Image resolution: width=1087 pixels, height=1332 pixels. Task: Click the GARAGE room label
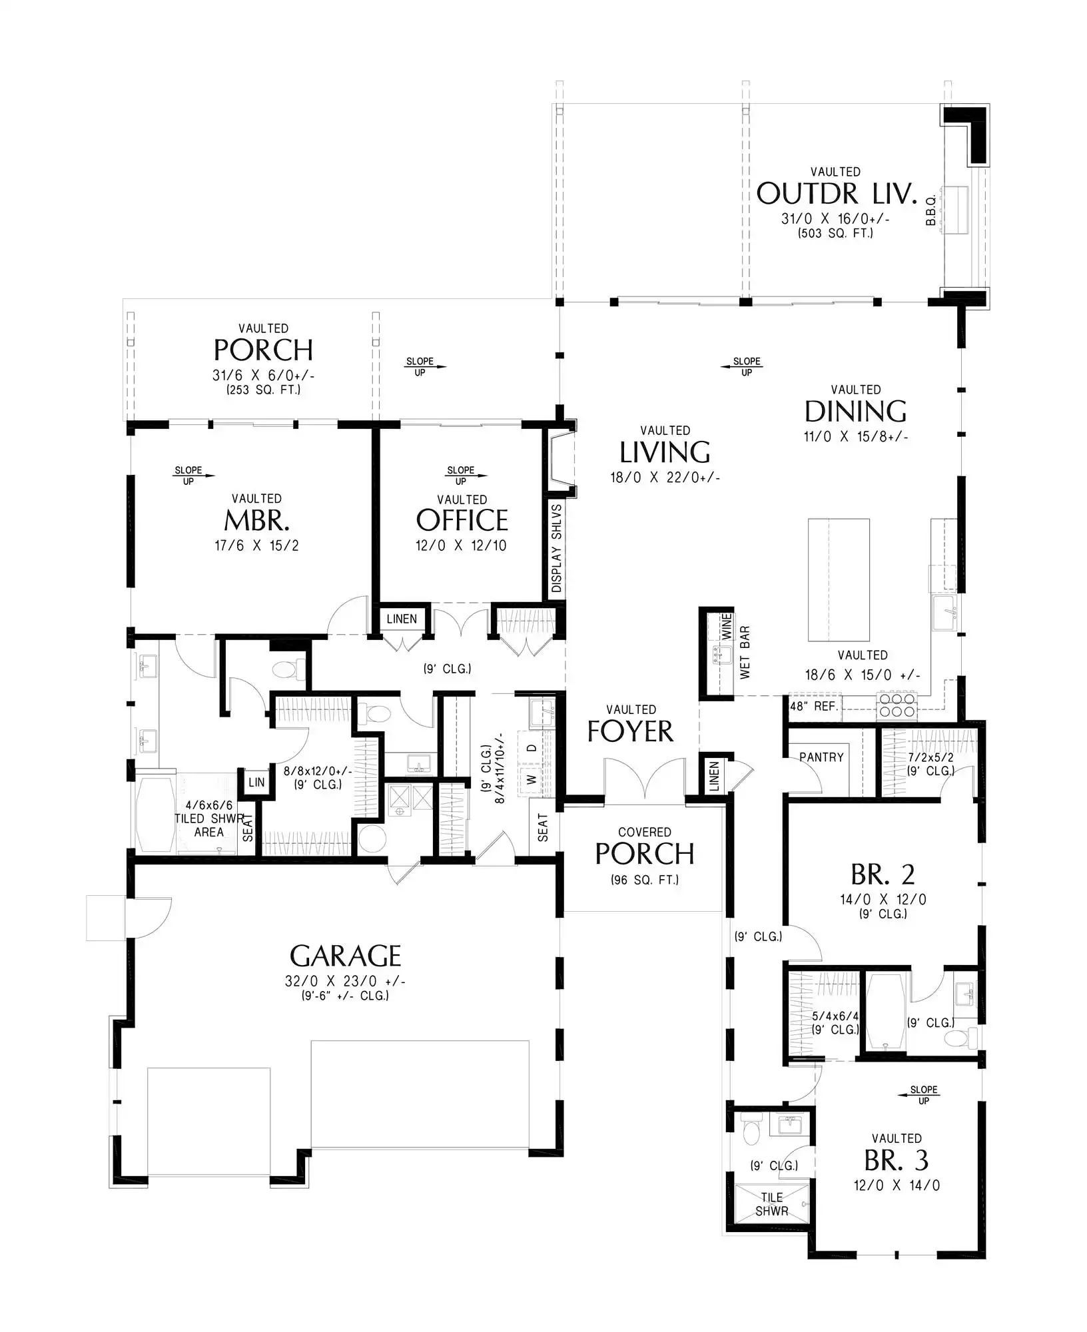click(x=345, y=956)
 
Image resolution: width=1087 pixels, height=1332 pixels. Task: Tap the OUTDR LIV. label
click(x=837, y=194)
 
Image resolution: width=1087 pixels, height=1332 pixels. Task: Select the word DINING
click(x=855, y=412)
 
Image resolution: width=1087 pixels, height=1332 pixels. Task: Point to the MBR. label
click(x=256, y=520)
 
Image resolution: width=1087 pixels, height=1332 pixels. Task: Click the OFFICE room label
click(x=462, y=520)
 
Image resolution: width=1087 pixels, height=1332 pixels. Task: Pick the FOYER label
click(x=630, y=731)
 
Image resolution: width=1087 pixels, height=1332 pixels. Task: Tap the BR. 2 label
click(x=883, y=874)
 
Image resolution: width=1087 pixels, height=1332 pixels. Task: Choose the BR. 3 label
click(x=897, y=1160)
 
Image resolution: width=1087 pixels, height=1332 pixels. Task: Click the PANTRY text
click(x=821, y=757)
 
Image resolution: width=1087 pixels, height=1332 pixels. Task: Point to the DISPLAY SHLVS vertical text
click(x=557, y=548)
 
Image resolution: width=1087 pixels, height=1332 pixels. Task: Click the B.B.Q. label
click(x=931, y=210)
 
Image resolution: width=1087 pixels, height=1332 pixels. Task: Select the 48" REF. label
click(x=813, y=706)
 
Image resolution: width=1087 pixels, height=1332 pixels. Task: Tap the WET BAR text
click(x=745, y=652)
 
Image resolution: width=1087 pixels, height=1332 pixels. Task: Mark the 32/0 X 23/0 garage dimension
click(x=345, y=981)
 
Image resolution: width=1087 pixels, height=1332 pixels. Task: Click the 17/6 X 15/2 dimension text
click(x=256, y=545)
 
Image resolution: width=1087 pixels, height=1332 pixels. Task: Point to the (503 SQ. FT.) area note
click(x=835, y=233)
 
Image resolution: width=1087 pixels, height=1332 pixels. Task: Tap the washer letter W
click(x=532, y=779)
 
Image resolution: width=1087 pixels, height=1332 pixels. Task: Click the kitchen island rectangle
click(x=839, y=579)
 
